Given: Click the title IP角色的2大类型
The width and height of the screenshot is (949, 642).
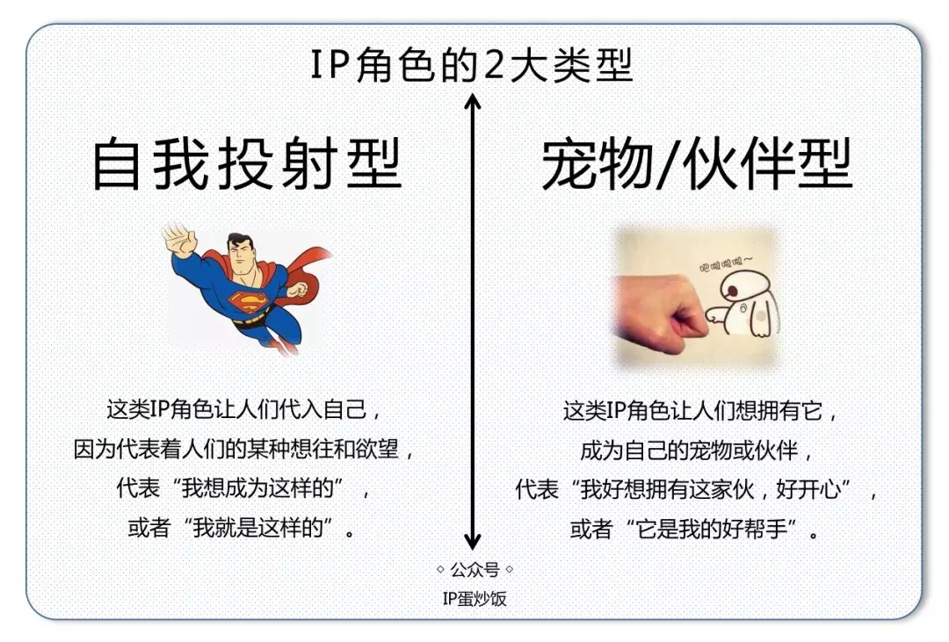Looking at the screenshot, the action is pyautogui.click(x=472, y=65).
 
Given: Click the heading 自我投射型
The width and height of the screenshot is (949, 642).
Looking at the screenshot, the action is pyautogui.click(x=247, y=163).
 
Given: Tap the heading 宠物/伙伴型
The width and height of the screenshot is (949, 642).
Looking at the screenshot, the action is pyautogui.click(x=697, y=164).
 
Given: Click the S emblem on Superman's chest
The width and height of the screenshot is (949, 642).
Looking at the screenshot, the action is pyautogui.click(x=247, y=301).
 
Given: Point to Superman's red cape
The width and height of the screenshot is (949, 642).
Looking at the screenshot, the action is pyautogui.click(x=302, y=270).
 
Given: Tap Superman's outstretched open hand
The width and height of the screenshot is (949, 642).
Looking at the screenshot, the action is pyautogui.click(x=180, y=240).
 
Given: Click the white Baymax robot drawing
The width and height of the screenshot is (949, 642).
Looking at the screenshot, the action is pyautogui.click(x=745, y=302).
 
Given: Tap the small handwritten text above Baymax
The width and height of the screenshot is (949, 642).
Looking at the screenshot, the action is pyautogui.click(x=726, y=263).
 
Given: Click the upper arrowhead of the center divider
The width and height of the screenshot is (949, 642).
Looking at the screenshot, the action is pyautogui.click(x=472, y=102).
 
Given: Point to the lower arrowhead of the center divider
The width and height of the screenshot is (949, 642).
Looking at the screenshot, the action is pyautogui.click(x=472, y=540).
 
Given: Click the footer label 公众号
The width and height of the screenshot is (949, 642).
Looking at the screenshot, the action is pyautogui.click(x=474, y=569).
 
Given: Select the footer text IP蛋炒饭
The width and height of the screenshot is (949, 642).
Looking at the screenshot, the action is pyautogui.click(x=474, y=598).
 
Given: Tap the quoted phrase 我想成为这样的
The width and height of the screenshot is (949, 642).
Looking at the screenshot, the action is pyautogui.click(x=257, y=488).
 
